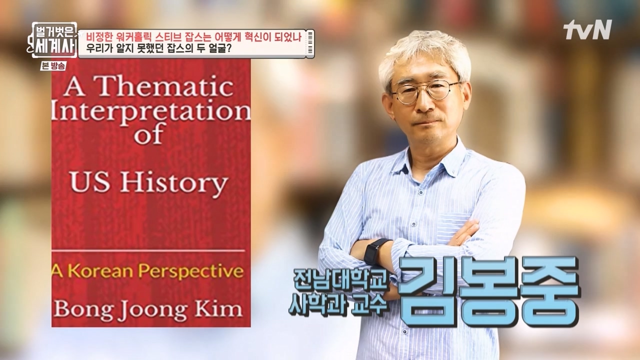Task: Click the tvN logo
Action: tap(587, 30)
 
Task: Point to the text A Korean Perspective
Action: tap(148, 271)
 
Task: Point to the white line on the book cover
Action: tap(148, 250)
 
